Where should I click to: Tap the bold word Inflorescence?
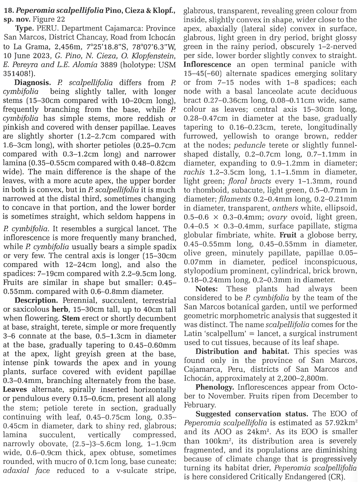[207, 64]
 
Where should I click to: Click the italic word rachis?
[194, 172]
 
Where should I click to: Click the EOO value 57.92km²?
[335, 423]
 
